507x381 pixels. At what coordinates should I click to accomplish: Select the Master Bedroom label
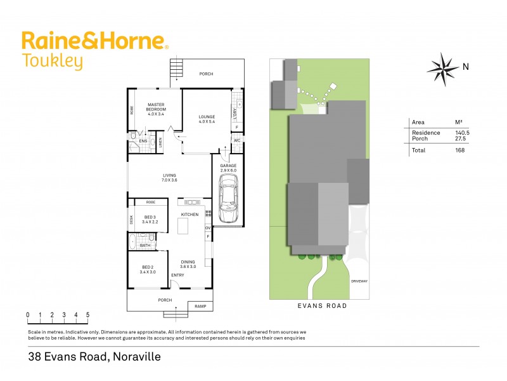[156, 109]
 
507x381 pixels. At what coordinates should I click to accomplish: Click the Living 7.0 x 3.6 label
[169, 178]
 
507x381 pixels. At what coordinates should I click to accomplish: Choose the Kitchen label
[189, 215]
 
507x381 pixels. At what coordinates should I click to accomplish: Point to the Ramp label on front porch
[200, 306]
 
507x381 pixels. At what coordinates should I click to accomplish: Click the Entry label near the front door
[177, 275]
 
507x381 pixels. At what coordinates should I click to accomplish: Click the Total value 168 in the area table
[459, 150]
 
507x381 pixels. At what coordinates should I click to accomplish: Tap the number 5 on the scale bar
[87, 315]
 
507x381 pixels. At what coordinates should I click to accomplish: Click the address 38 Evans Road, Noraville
[94, 357]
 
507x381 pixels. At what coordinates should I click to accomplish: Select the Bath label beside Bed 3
[145, 245]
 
